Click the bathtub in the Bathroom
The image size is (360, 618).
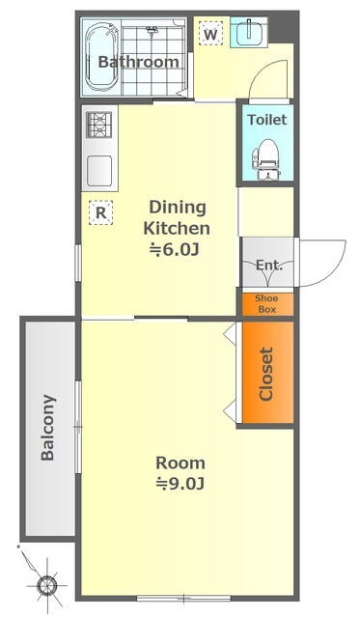(x=101, y=56)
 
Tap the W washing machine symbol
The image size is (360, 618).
(x=210, y=34)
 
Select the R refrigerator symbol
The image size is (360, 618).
(x=100, y=212)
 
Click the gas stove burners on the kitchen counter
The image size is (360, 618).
(x=98, y=125)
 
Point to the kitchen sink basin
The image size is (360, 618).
(x=99, y=171)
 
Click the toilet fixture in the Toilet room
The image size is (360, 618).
(x=266, y=159)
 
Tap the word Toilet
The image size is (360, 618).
(x=267, y=120)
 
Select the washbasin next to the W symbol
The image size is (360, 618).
(x=249, y=32)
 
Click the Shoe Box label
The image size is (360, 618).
(x=267, y=304)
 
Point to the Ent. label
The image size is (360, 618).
(x=269, y=265)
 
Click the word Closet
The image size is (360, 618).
(x=266, y=374)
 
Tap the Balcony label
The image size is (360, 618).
(x=47, y=428)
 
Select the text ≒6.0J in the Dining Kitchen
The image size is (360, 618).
(x=174, y=249)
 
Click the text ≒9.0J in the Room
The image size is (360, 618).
(x=180, y=483)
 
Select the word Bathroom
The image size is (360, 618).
(x=139, y=62)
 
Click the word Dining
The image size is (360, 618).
(x=178, y=207)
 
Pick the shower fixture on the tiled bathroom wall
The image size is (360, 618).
(x=152, y=30)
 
